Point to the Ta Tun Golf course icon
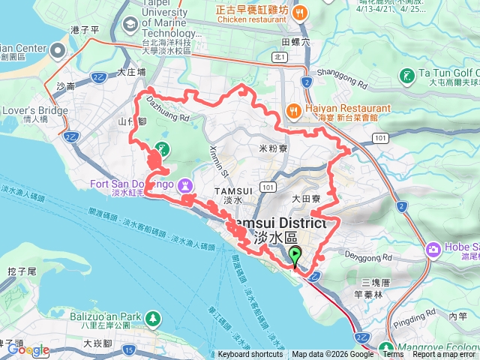(x=406, y=75)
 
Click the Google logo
(x=28, y=349)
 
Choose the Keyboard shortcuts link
(x=250, y=354)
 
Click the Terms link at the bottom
(x=393, y=354)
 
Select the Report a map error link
(x=445, y=354)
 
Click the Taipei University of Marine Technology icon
(x=130, y=24)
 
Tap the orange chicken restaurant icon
(x=300, y=12)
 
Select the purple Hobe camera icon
(x=433, y=249)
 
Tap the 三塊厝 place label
(x=375, y=282)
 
